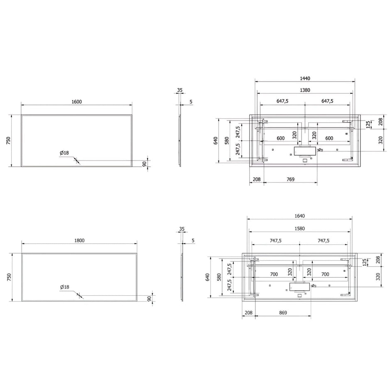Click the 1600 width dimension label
(76, 102)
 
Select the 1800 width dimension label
(79, 240)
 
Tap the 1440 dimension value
(305, 78)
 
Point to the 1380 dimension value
(305, 90)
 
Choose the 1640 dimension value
(299, 216)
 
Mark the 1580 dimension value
(299, 228)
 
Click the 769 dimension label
(290, 179)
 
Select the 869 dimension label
(283, 313)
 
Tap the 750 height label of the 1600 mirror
(8, 141)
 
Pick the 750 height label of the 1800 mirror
(9, 277)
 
